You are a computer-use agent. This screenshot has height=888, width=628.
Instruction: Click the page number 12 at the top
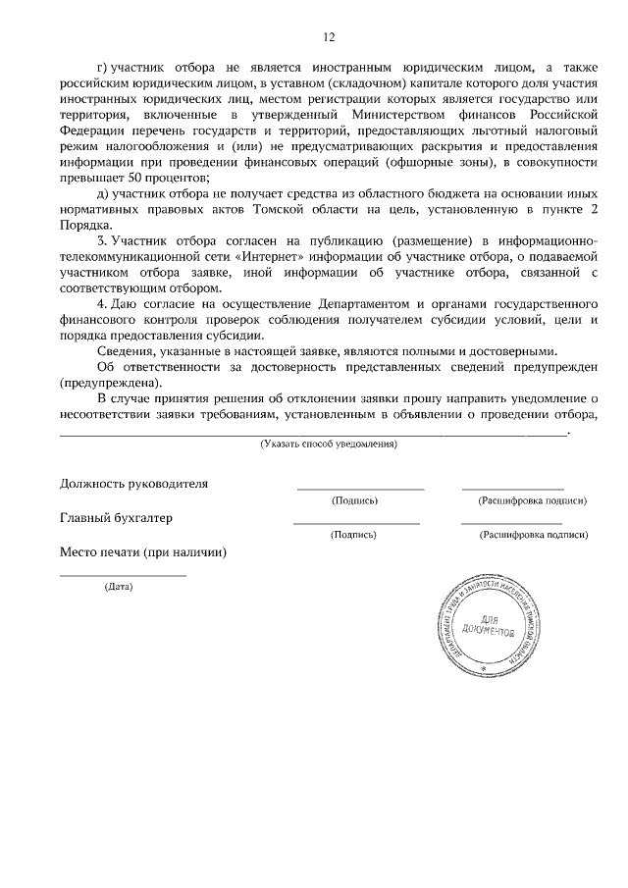click(329, 37)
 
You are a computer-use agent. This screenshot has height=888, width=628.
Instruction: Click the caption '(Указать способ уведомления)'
click(329, 444)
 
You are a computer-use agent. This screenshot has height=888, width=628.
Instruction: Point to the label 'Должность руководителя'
click(133, 484)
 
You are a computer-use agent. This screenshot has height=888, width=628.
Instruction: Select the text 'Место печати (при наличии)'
click(143, 552)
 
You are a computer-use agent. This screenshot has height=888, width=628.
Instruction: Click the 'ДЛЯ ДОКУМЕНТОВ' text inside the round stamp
click(481, 627)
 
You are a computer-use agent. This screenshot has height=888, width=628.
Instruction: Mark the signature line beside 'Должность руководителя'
click(360, 488)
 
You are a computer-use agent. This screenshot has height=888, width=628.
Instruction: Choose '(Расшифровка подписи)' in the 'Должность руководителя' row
click(532, 500)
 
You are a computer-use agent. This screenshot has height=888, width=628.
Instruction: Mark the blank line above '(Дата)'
click(123, 575)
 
